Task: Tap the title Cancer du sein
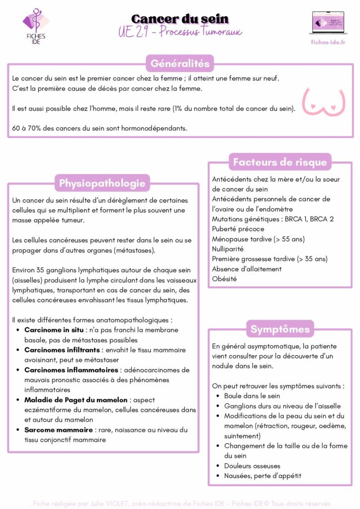[180, 19]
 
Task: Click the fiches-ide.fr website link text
[328, 42]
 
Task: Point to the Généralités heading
[180, 64]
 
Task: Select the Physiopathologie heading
[102, 183]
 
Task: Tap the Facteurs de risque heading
[280, 162]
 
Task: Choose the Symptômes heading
[280, 329]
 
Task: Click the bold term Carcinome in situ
[55, 330]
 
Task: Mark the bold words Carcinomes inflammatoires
[72, 370]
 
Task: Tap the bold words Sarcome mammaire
[59, 429]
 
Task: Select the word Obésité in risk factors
[224, 279]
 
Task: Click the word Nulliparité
[228, 249]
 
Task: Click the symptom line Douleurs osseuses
[252, 466]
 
